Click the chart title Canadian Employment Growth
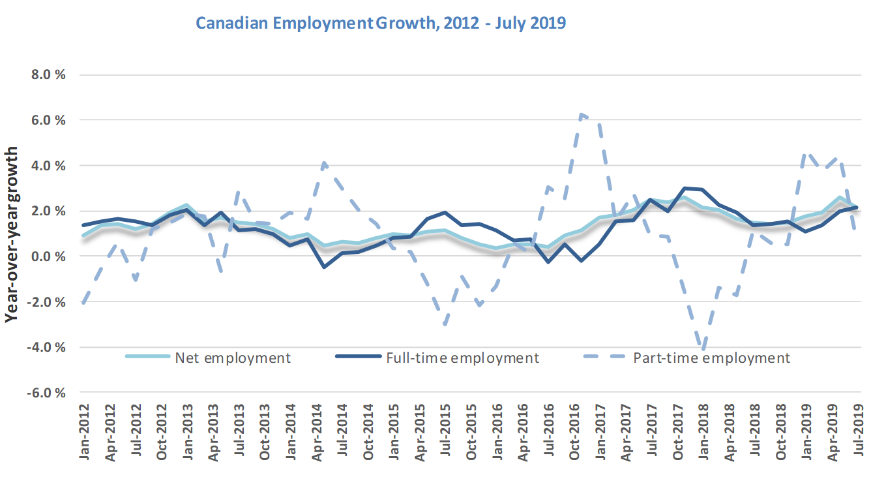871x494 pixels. [x=381, y=23]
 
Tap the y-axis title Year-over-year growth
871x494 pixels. [x=12, y=234]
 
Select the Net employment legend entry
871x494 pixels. [x=231, y=358]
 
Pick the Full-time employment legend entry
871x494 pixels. [x=462, y=358]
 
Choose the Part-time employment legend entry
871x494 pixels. [x=711, y=358]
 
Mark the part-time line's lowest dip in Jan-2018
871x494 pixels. [x=703, y=348]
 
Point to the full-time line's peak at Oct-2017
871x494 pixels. [x=684, y=189]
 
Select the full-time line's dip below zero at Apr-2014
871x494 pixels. [x=324, y=267]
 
